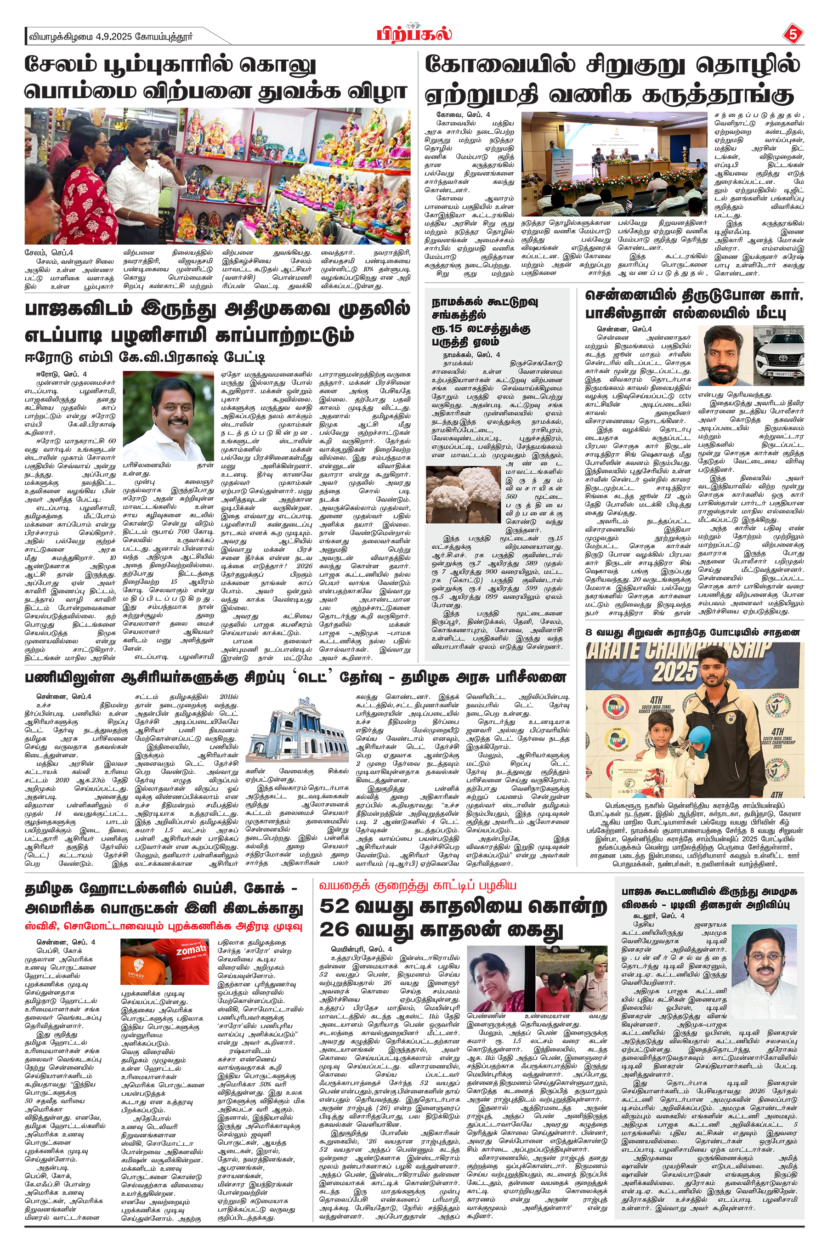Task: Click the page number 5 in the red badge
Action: (792, 35)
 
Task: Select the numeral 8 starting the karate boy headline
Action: (589, 632)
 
